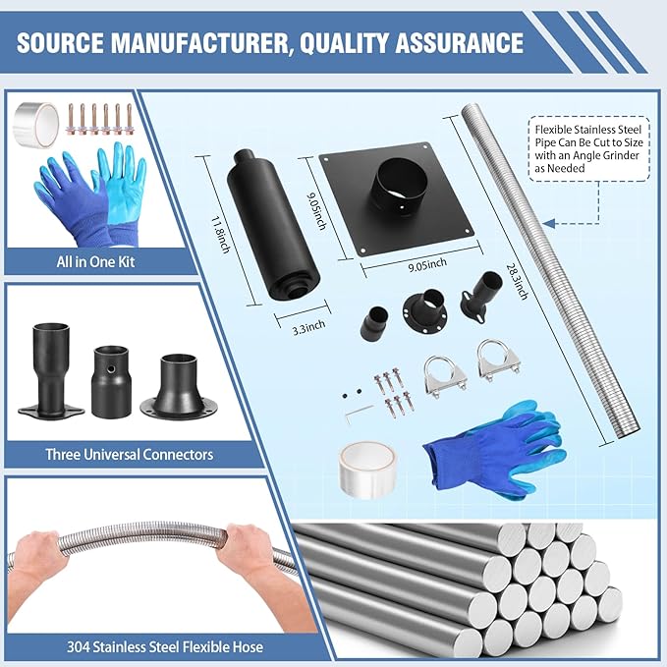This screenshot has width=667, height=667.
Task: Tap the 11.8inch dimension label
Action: click(221, 235)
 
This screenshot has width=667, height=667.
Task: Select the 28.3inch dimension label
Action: click(518, 281)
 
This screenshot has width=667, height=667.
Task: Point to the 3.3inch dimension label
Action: click(308, 327)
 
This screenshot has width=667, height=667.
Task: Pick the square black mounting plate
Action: click(397, 197)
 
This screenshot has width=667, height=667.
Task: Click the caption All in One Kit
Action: click(95, 261)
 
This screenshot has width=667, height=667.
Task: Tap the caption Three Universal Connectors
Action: click(130, 454)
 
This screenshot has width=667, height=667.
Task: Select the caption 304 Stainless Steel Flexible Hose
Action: click(165, 647)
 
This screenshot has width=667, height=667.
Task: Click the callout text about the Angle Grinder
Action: click(588, 149)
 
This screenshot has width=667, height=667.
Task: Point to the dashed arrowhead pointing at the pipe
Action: click(549, 223)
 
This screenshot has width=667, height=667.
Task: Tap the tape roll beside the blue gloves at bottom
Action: click(367, 470)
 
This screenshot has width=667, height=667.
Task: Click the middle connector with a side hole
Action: click(111, 381)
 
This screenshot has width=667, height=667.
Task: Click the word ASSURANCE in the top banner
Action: click(460, 43)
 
